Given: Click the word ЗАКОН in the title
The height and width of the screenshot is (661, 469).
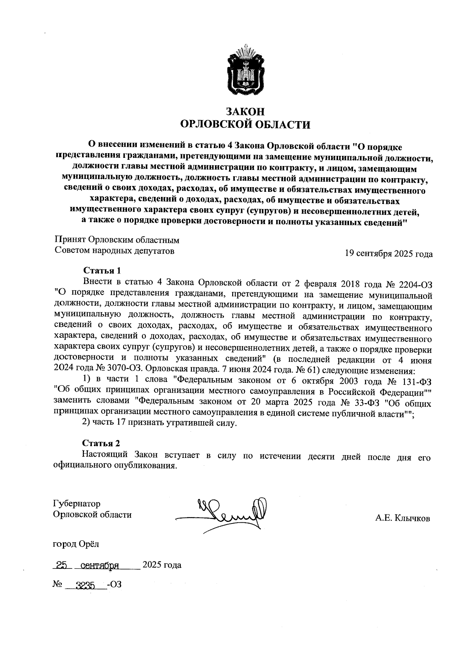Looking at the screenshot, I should (245, 112).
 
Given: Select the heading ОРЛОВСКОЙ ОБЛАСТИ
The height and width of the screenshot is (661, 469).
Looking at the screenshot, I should (245, 125).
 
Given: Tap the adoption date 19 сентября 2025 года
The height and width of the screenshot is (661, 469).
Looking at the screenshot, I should (388, 254).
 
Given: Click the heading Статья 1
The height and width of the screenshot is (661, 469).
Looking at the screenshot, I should (102, 270).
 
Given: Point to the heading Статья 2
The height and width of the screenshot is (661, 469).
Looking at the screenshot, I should (101, 443).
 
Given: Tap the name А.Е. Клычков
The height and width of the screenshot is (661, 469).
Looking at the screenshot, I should (403, 518).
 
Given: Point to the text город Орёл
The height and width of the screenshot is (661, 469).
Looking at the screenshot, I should (76, 543).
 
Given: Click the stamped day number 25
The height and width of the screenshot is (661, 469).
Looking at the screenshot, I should (62, 565).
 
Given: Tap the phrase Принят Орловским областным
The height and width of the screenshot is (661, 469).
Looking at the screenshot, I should (116, 239).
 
